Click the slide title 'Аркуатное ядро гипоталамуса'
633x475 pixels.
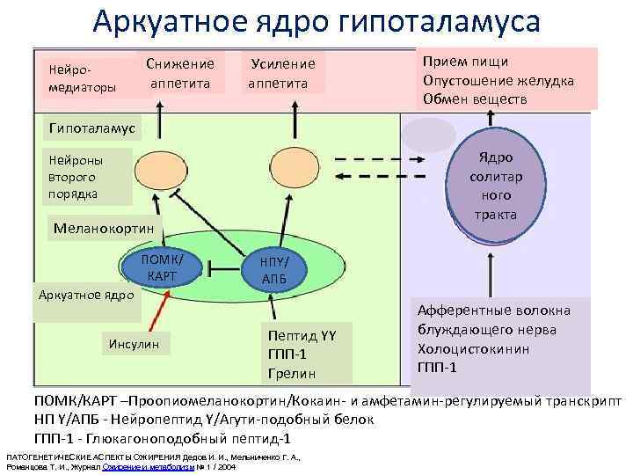click(316, 21)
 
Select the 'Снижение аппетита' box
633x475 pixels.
click(179, 73)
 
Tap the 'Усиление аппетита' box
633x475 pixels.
click(282, 73)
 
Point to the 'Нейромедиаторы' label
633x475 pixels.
click(79, 78)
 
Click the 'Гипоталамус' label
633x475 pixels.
click(91, 128)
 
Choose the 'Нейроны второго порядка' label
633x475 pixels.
click(76, 177)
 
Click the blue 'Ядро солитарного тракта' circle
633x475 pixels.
click(495, 185)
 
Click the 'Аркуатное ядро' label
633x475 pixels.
click(85, 294)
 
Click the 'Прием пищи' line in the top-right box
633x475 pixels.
click(465, 62)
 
